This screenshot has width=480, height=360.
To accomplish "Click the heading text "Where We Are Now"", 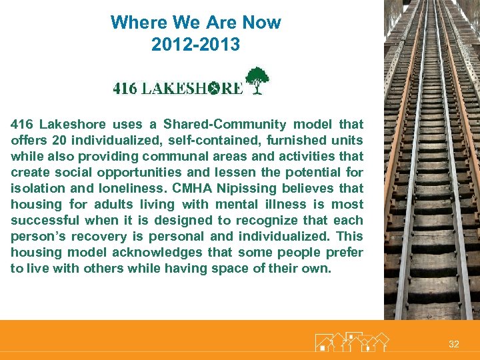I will coord(195,22).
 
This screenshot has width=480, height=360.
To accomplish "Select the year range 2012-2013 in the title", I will coord(195,45).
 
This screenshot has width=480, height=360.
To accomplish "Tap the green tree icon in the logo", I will coord(257,81).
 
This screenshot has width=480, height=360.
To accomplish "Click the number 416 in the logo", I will coord(125,88).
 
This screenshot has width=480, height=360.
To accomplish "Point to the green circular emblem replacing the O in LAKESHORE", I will coord(215,89).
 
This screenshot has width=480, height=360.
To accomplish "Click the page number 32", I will coord(454,344).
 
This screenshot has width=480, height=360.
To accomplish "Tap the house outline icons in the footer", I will coord(351,342).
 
